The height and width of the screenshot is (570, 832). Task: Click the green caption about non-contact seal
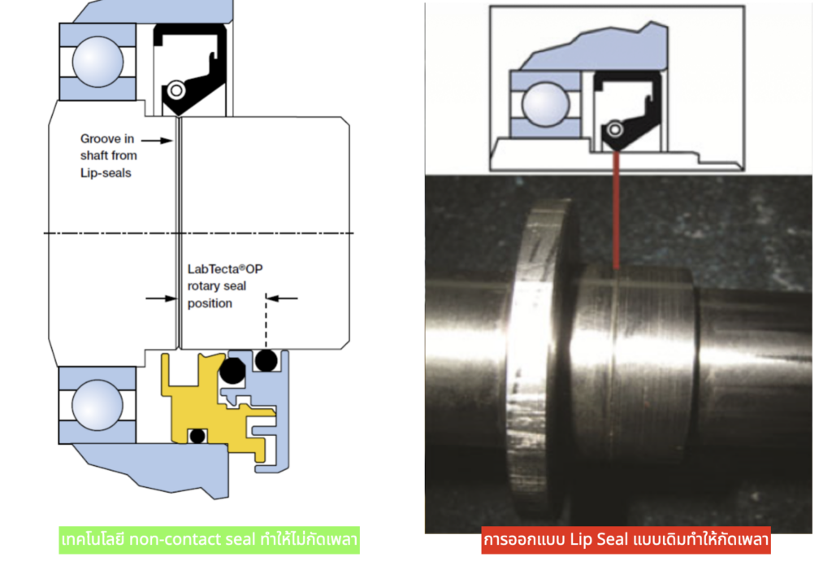coord(210,540)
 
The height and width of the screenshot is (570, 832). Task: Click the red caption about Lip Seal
coord(626,540)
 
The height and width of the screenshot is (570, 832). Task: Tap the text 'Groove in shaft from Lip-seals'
coord(108,154)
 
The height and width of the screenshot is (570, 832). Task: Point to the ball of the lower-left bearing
coord(93,406)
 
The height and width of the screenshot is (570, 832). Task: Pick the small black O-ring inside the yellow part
coord(197,436)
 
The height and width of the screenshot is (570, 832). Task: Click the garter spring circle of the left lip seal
coord(175,90)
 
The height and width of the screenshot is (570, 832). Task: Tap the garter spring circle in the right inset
coord(615,128)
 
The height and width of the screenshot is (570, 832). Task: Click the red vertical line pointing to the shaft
coord(616,211)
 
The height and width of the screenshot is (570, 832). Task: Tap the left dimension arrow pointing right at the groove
coord(159,298)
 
